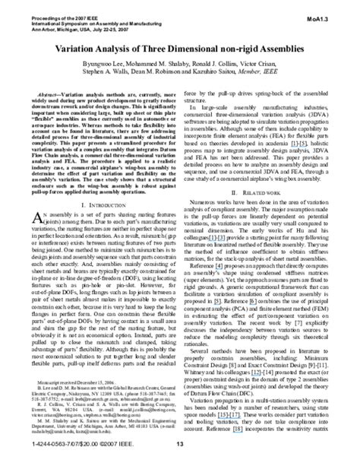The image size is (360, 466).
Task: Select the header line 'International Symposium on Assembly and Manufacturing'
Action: (x=99, y=14)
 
